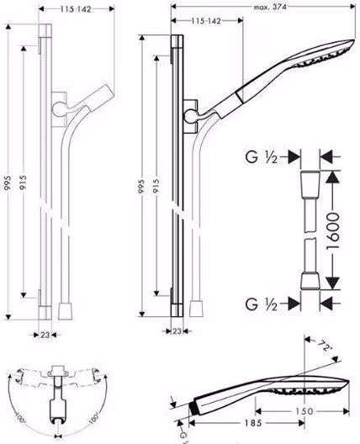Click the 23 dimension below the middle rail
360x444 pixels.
[x=177, y=331]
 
